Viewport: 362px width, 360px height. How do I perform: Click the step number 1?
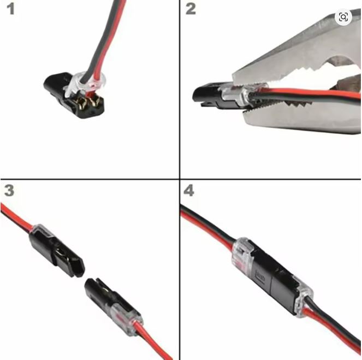coord(10,9)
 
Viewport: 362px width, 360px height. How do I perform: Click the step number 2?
coord(191,9)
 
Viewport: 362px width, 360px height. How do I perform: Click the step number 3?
coord(9,191)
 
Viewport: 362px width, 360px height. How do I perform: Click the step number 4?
coord(189,191)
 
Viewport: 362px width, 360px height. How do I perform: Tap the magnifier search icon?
coord(343,17)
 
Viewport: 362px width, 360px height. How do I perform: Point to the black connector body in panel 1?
coord(74,95)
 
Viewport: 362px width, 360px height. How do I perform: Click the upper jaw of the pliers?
coord(300,53)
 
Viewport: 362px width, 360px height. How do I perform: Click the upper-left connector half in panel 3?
coord(57,251)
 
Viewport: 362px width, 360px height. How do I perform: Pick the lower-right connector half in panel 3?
coord(114,307)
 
